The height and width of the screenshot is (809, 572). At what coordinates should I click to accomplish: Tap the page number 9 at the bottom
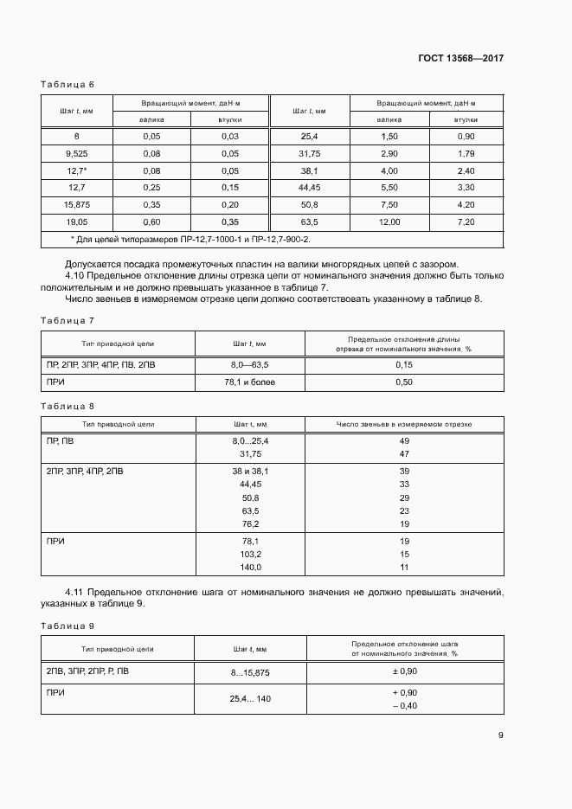tap(500, 735)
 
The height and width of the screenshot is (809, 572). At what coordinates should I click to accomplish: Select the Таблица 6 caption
tap(67, 84)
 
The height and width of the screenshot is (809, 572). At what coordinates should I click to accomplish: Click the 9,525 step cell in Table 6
tap(76, 153)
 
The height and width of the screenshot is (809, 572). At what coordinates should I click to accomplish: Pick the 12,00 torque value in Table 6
tap(389, 222)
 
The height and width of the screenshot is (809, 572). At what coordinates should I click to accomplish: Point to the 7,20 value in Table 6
tap(466, 222)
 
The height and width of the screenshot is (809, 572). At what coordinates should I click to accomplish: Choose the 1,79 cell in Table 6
tap(466, 153)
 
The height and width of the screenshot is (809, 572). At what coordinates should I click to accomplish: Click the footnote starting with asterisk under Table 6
tap(189, 239)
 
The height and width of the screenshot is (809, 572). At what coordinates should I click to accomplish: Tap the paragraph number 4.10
tap(77, 275)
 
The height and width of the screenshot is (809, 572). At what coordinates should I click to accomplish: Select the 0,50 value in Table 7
tap(404, 382)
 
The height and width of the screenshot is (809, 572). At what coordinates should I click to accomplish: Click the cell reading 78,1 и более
tap(249, 382)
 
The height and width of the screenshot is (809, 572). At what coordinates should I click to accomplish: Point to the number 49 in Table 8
tap(404, 441)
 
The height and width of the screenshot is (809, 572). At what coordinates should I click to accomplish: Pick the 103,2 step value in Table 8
tap(251, 554)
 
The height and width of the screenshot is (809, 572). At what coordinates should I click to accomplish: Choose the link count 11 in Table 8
tap(404, 567)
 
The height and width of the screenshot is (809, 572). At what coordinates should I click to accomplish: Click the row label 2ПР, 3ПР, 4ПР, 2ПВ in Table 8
tap(85, 471)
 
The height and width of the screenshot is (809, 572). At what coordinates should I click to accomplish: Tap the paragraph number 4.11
tap(77, 593)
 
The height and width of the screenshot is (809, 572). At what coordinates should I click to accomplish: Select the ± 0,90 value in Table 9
tap(404, 671)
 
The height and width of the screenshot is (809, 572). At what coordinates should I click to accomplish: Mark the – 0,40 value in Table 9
tap(404, 706)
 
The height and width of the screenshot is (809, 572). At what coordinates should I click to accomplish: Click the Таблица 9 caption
tap(67, 625)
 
